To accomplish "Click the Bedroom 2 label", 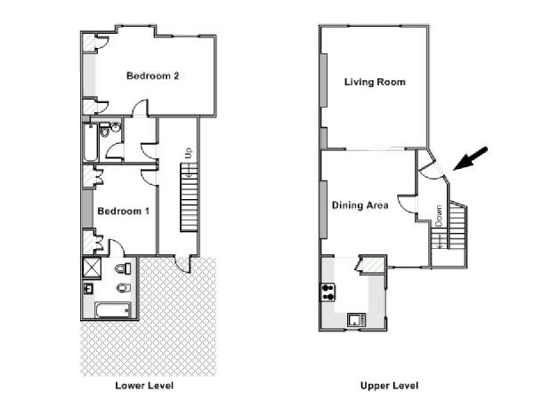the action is click(x=152, y=76).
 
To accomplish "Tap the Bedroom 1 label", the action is click(x=124, y=211).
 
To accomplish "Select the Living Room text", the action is click(x=375, y=82).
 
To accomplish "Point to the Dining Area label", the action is click(x=360, y=205).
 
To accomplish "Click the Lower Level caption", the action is click(x=144, y=386).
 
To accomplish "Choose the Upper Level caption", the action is click(x=389, y=386).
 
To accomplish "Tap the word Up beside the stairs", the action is click(x=189, y=152).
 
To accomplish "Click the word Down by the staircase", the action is click(x=439, y=216).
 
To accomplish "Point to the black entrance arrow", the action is click(x=470, y=158).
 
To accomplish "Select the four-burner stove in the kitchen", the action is click(x=328, y=292).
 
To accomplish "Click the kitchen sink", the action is click(x=357, y=320).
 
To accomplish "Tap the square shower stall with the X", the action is click(x=92, y=268).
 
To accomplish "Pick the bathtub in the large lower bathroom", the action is click(x=113, y=310).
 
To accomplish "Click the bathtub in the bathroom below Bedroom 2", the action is click(x=91, y=143).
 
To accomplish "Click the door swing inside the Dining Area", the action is click(x=408, y=204).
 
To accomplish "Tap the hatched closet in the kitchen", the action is click(x=372, y=265).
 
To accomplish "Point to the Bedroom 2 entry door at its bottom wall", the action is click(x=140, y=108).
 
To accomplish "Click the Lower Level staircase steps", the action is click(x=189, y=197).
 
